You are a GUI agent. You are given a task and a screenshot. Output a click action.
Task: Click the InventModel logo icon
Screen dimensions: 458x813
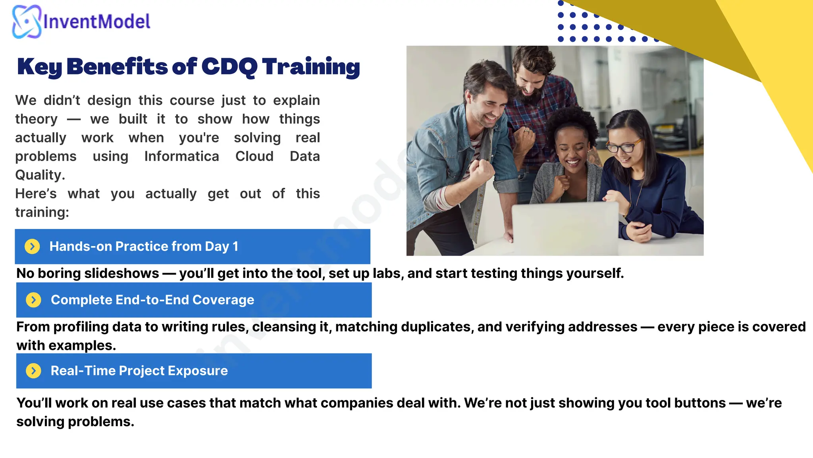tap(26, 21)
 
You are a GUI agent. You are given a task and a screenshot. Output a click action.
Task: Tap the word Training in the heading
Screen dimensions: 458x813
tap(311, 67)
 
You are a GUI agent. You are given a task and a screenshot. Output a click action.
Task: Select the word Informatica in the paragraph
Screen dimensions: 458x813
tap(181, 156)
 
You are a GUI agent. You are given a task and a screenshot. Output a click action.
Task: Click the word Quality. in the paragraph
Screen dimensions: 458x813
tap(40, 175)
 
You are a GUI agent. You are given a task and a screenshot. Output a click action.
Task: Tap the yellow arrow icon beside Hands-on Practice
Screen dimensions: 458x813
tap(32, 246)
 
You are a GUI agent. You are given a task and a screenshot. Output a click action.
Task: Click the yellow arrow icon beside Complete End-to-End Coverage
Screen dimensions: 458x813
tap(33, 300)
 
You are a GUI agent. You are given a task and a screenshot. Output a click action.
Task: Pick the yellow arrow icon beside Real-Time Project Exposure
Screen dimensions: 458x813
tap(33, 371)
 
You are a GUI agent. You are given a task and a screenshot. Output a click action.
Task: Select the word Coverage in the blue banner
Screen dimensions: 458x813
tap(223, 300)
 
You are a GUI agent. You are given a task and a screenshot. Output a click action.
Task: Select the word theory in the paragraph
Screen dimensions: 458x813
tap(36, 119)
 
